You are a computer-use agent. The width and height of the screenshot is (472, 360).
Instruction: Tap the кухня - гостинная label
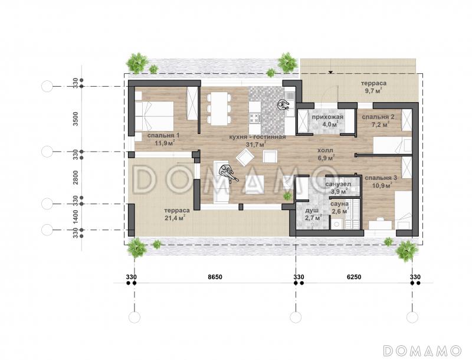[257, 138]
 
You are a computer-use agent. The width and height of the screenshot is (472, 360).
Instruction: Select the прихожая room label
[327, 117]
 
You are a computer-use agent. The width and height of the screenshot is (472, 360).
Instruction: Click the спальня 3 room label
[381, 178]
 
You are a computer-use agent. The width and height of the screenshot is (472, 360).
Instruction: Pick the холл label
[326, 150]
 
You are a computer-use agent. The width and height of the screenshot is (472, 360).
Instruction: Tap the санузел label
[338, 184]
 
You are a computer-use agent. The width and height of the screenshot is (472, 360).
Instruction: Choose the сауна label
[340, 204]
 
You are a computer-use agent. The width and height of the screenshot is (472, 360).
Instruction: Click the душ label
[312, 211]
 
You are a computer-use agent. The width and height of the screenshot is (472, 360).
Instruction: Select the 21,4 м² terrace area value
[175, 218]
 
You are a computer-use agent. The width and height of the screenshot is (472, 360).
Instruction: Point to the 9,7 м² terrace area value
[373, 90]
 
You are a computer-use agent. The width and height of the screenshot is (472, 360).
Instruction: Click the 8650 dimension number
[215, 277]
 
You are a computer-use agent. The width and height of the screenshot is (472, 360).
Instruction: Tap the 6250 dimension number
[354, 277]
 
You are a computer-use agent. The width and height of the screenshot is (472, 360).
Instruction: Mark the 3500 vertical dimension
[76, 119]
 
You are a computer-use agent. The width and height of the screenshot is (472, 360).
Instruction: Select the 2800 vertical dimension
[76, 178]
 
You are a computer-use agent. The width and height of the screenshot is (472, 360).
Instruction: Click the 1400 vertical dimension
[76, 217]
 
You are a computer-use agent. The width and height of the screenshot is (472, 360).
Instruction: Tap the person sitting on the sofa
[228, 173]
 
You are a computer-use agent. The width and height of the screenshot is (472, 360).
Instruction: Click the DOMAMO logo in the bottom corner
[422, 351]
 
